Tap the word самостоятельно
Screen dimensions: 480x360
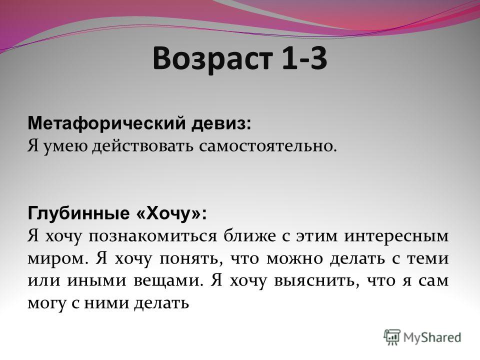pyautogui.click(x=267, y=146)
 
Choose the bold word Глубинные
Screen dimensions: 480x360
pyautogui.click(x=79, y=213)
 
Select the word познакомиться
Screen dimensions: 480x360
pyautogui.click(x=152, y=236)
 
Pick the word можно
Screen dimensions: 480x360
pyautogui.click(x=294, y=259)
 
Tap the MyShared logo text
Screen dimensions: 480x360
pyautogui.click(x=432, y=337)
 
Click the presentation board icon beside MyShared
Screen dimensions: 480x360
pyautogui.click(x=392, y=337)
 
